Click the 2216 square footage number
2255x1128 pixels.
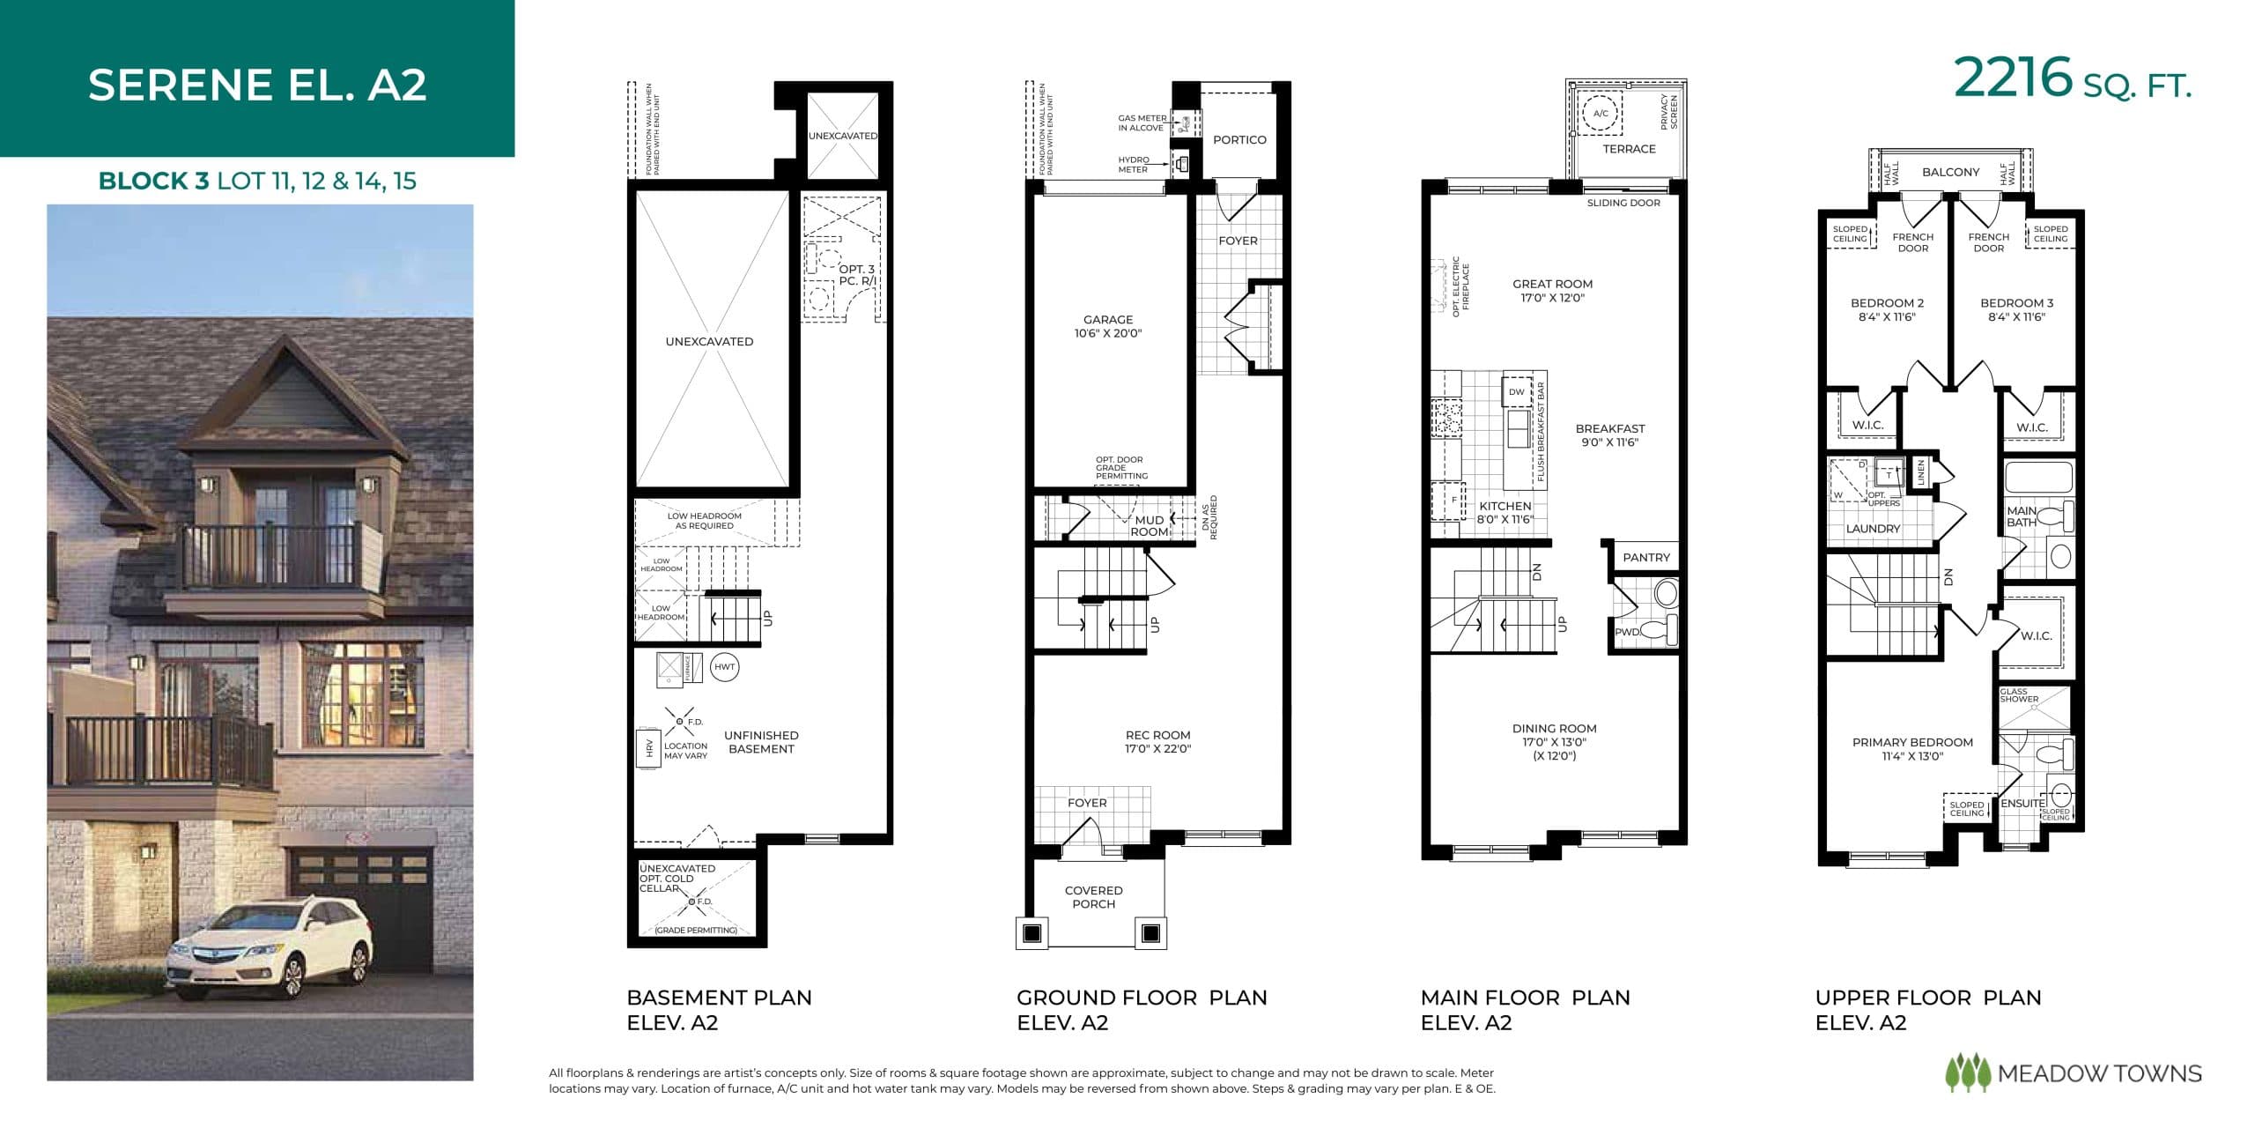[2012, 78]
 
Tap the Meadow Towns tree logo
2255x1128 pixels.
[1967, 1072]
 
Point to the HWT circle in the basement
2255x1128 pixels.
[724, 667]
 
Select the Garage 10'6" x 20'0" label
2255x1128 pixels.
[1108, 326]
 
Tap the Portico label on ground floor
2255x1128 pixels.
[1239, 140]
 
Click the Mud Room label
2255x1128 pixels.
[1149, 526]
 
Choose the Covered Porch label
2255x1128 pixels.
[1093, 897]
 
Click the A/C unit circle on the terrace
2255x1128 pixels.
[1601, 114]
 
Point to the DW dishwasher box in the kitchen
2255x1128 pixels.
[1517, 392]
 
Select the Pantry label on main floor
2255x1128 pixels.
[1645, 557]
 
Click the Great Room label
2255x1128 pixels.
[1552, 290]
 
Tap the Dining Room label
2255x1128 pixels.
[1554, 741]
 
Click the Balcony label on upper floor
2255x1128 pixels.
[1950, 172]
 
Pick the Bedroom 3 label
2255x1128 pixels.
[2016, 309]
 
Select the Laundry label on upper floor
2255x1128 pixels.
[1873, 529]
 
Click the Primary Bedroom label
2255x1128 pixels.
[1912, 748]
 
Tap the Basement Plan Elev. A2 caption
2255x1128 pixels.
[719, 1010]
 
